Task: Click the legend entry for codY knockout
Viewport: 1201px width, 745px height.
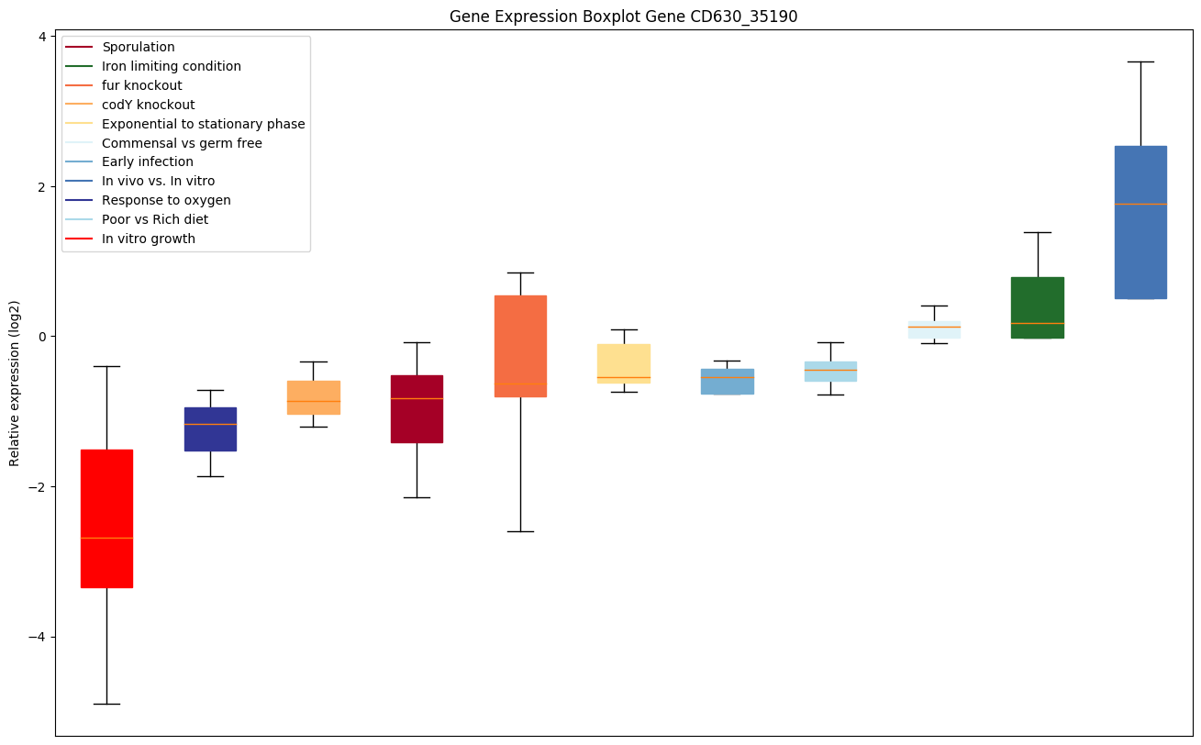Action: (148, 105)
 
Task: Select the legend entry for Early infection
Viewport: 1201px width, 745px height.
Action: (147, 162)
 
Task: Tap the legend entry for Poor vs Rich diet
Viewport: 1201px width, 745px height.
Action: (154, 219)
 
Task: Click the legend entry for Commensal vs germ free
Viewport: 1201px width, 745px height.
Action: (182, 143)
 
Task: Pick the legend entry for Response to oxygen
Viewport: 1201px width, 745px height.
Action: (166, 200)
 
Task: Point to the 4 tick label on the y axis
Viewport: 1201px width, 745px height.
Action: (42, 37)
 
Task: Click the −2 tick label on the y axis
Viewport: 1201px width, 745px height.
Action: (38, 486)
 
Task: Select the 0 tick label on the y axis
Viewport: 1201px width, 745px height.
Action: (42, 337)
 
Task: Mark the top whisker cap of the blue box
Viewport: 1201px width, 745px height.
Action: (1140, 61)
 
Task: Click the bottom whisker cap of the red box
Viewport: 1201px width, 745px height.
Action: (106, 704)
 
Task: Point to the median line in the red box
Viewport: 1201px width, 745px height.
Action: (106, 538)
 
